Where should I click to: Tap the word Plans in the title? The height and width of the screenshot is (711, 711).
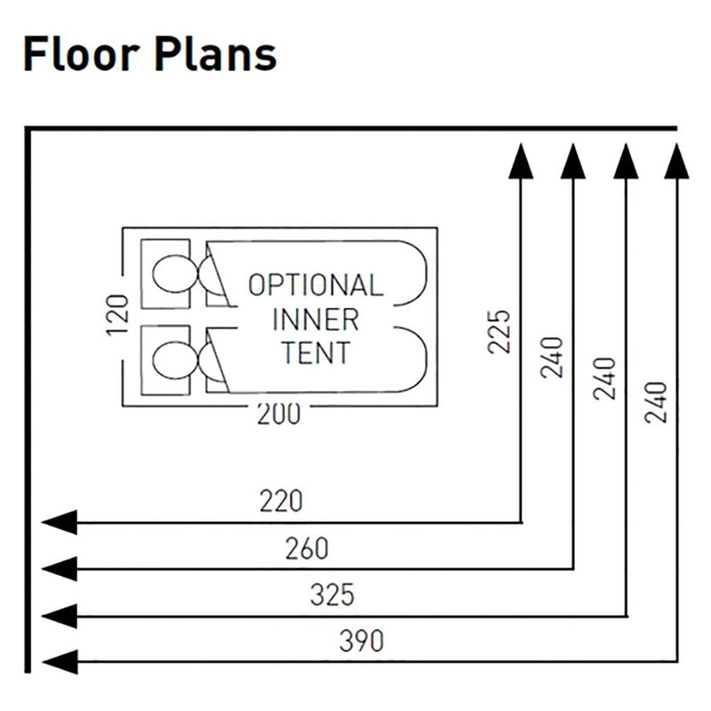pos(212,55)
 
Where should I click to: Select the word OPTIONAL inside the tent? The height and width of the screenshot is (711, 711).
pos(316,285)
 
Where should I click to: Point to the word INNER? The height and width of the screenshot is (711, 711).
pos(316,318)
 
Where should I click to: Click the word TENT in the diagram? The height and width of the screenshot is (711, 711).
pos(316,352)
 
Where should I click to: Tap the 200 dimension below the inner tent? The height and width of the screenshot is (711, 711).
pos(278,413)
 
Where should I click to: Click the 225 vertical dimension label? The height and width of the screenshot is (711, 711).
pos(500,331)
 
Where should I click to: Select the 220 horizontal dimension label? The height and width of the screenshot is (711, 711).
pos(281,501)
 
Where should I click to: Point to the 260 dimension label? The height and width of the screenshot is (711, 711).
pos(307,548)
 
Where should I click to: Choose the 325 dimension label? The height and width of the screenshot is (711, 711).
pos(332,595)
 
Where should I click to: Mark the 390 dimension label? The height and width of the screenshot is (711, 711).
pos(362,641)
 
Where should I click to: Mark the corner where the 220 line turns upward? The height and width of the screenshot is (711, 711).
pos(521,522)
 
